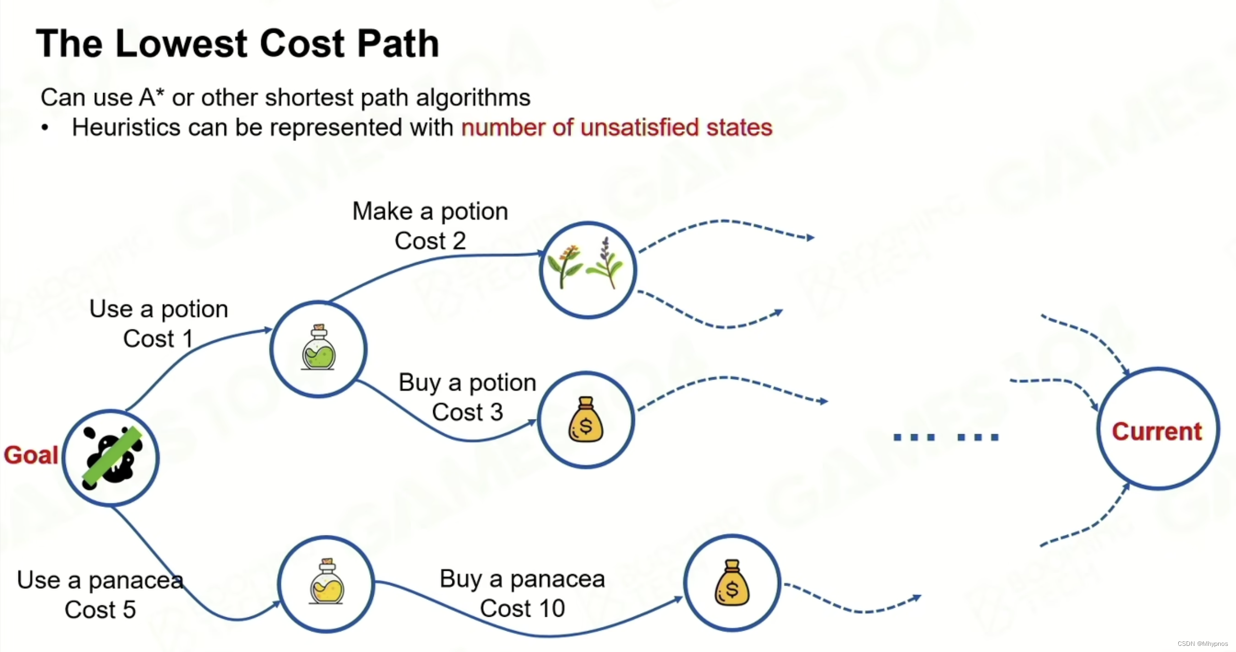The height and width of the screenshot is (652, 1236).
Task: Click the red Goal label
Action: coord(31,455)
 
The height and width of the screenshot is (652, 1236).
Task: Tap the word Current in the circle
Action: coord(1157,431)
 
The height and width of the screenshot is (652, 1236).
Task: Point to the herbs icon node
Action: coord(587,269)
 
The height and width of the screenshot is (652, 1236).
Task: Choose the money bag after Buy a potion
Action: coord(586,420)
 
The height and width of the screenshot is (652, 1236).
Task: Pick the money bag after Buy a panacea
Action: coord(731,583)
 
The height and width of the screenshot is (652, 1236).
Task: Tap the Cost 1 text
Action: coord(158,339)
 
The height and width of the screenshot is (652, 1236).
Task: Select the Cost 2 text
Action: coord(430,241)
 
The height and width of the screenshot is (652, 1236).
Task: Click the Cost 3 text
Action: coord(467,412)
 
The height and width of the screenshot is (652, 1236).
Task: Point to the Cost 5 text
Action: coord(100,610)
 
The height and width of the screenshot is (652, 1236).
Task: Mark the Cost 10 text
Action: coord(522,609)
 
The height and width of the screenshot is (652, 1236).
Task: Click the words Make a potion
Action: coord(430,211)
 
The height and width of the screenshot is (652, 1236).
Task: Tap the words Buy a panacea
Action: coord(522,579)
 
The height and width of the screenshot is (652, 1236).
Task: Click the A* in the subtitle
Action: coord(152,97)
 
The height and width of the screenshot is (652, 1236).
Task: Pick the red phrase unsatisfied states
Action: coord(676,128)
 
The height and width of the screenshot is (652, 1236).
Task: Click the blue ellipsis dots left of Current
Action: coord(946,437)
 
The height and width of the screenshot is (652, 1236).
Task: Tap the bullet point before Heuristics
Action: coord(45,128)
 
